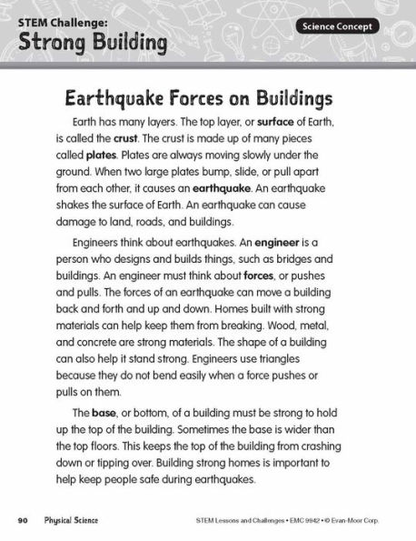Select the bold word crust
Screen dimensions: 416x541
coord(125,138)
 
